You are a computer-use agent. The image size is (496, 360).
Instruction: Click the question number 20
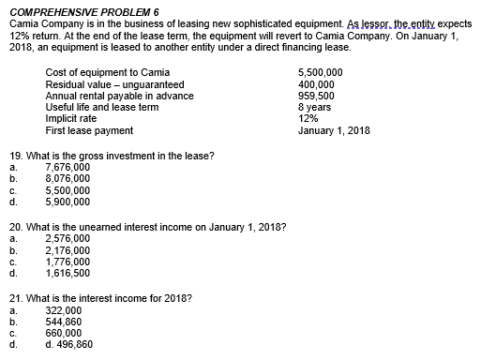[13, 227]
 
